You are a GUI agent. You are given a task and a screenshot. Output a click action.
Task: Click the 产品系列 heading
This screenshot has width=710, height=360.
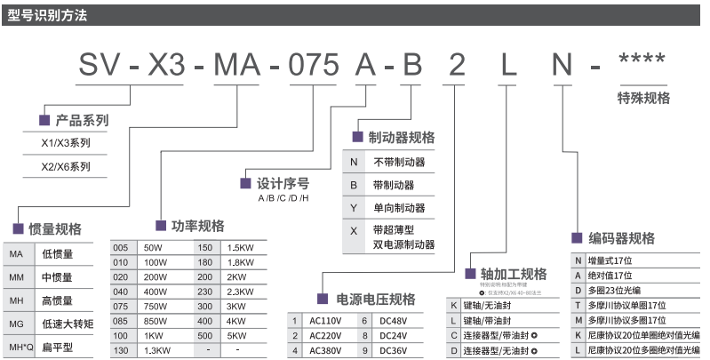click(x=82, y=119)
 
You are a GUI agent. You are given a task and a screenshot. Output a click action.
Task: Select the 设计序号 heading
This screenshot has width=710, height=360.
click(x=283, y=183)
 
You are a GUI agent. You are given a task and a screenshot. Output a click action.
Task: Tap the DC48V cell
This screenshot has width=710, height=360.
click(x=395, y=319)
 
